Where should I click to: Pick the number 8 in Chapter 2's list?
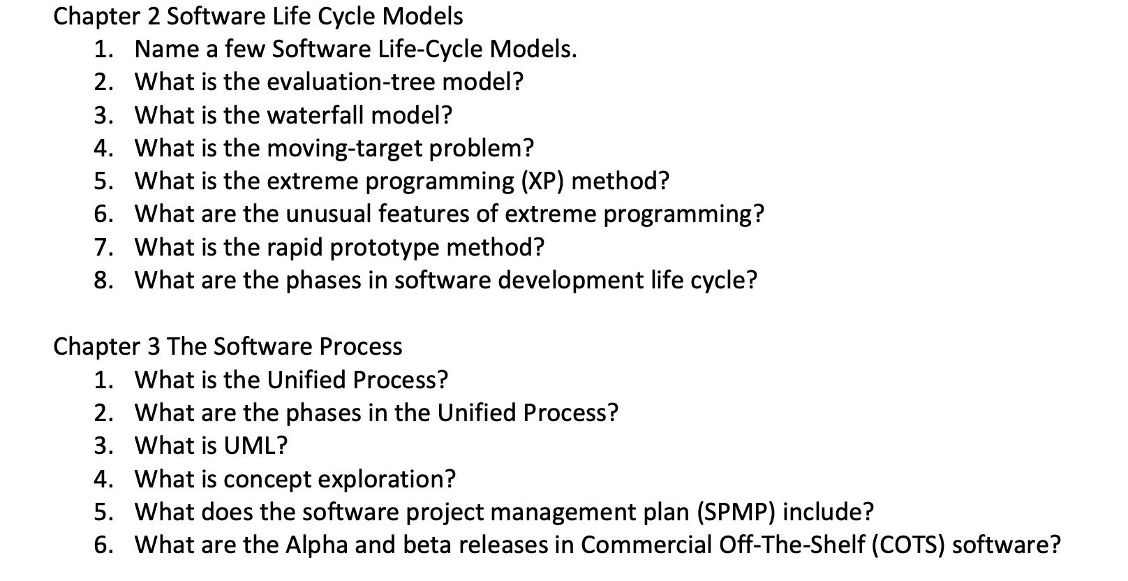(102, 280)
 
